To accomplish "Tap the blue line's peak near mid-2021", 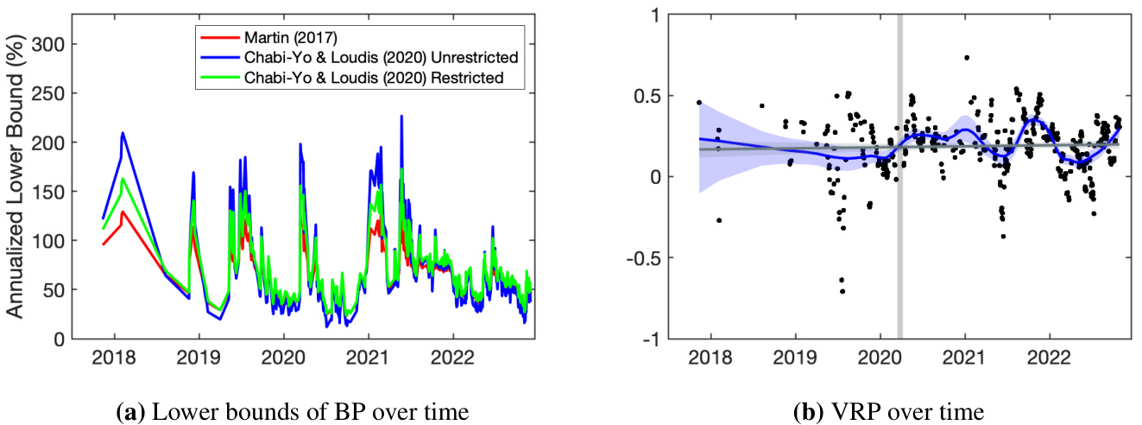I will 401,116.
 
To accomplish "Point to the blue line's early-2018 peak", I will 123,133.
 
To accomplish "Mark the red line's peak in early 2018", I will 123,212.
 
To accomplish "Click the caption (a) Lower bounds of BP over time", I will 292,411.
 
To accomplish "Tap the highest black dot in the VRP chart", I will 967,58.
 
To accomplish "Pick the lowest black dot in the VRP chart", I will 842,291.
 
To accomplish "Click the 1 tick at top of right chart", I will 664,15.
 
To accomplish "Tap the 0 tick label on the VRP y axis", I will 664,177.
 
